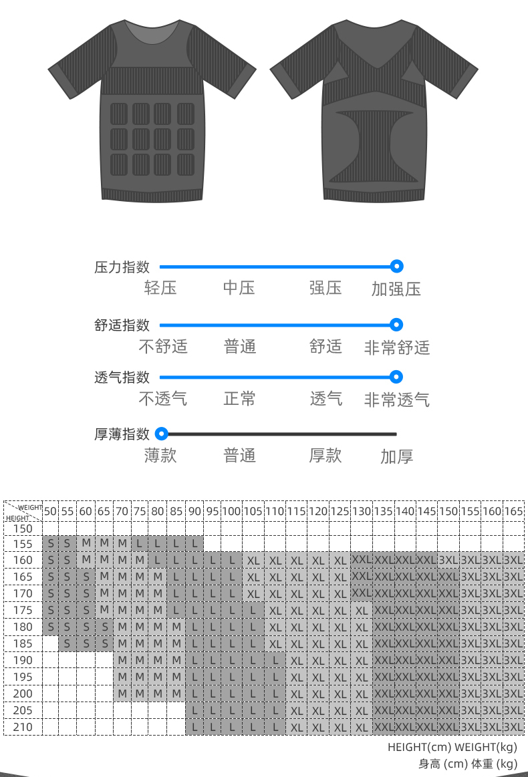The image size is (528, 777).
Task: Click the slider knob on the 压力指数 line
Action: pyautogui.click(x=396, y=267)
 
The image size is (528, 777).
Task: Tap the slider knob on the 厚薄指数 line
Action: pyautogui.click(x=161, y=434)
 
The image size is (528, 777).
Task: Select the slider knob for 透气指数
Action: pyautogui.click(x=396, y=377)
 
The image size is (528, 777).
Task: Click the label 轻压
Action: pyautogui.click(x=160, y=289)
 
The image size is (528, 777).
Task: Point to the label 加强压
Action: pyautogui.click(x=396, y=289)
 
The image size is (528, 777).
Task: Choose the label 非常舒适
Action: pyautogui.click(x=396, y=347)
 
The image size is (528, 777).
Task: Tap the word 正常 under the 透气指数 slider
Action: pyautogui.click(x=239, y=400)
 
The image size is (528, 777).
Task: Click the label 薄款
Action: pyautogui.click(x=160, y=456)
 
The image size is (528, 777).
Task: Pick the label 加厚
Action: pyautogui.click(x=396, y=457)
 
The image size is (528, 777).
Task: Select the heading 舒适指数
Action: pyautogui.click(x=122, y=325)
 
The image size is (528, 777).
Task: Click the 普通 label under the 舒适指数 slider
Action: pyautogui.click(x=239, y=347)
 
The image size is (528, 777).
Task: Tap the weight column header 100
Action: pyautogui.click(x=231, y=511)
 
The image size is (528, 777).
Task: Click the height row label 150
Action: pyautogui.click(x=23, y=528)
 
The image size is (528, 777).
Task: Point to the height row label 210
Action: pyautogui.click(x=23, y=727)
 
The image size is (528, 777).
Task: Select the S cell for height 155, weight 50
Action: pyautogui.click(x=51, y=543)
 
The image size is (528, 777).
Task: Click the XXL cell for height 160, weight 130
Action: pyautogui.click(x=362, y=559)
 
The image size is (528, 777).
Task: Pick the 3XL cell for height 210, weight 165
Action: pyautogui.click(x=513, y=727)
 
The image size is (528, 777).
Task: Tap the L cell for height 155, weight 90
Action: pyautogui.click(x=194, y=543)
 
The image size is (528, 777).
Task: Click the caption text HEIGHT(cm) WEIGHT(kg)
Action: pyautogui.click(x=452, y=748)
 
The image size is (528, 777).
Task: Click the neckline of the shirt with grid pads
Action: pyautogui.click(x=152, y=30)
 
